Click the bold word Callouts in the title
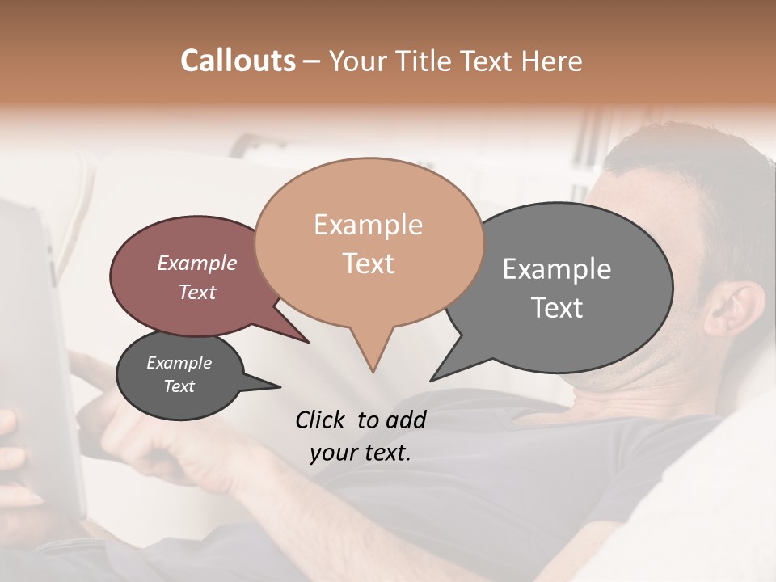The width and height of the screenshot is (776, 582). point(238,61)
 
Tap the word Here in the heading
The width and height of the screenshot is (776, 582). point(553,61)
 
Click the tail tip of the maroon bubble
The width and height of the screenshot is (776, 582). point(307,342)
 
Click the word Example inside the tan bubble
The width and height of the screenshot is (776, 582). point(368,225)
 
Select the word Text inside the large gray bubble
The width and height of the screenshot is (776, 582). point(557,308)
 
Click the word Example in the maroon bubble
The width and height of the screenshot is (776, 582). point(196,263)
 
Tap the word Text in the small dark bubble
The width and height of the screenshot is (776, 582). point(179,386)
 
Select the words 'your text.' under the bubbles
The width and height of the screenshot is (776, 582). point(360,453)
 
